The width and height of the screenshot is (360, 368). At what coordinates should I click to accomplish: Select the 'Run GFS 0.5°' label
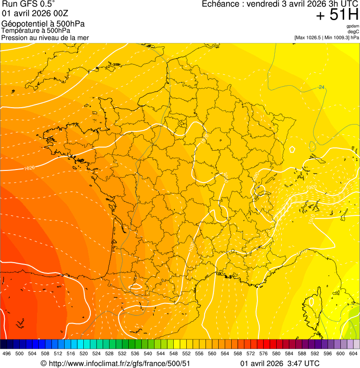click(28, 5)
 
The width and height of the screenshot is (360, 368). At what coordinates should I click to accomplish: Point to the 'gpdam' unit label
click(353, 26)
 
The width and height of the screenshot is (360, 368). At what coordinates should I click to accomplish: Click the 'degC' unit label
click(353, 31)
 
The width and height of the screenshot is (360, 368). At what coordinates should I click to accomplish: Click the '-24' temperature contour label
click(321, 87)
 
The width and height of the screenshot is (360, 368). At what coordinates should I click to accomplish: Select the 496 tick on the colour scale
click(7, 353)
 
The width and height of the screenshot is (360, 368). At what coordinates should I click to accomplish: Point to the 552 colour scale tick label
click(186, 353)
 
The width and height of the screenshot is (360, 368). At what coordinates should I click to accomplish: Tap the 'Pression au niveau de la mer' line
click(45, 37)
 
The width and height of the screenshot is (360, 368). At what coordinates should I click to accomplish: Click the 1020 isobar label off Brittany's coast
click(29, 168)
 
